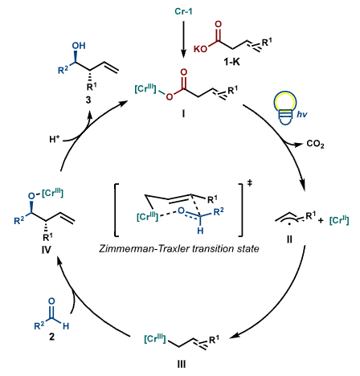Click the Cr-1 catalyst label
[x=183, y=11]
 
